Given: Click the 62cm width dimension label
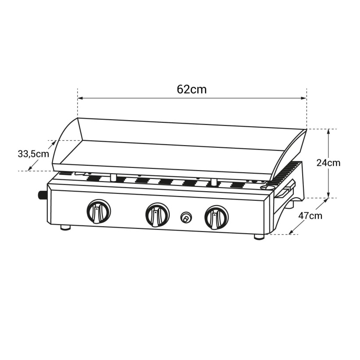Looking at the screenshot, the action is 192,89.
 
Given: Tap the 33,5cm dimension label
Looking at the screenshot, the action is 33,154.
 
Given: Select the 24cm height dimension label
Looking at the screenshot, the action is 328,163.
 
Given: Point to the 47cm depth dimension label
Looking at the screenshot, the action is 310,216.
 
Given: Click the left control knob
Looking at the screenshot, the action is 99,211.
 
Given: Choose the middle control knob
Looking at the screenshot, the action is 157,215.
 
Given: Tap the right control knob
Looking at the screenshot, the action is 216,217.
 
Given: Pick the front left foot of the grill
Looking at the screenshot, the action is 65,228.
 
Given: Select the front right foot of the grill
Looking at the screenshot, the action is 259,237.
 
